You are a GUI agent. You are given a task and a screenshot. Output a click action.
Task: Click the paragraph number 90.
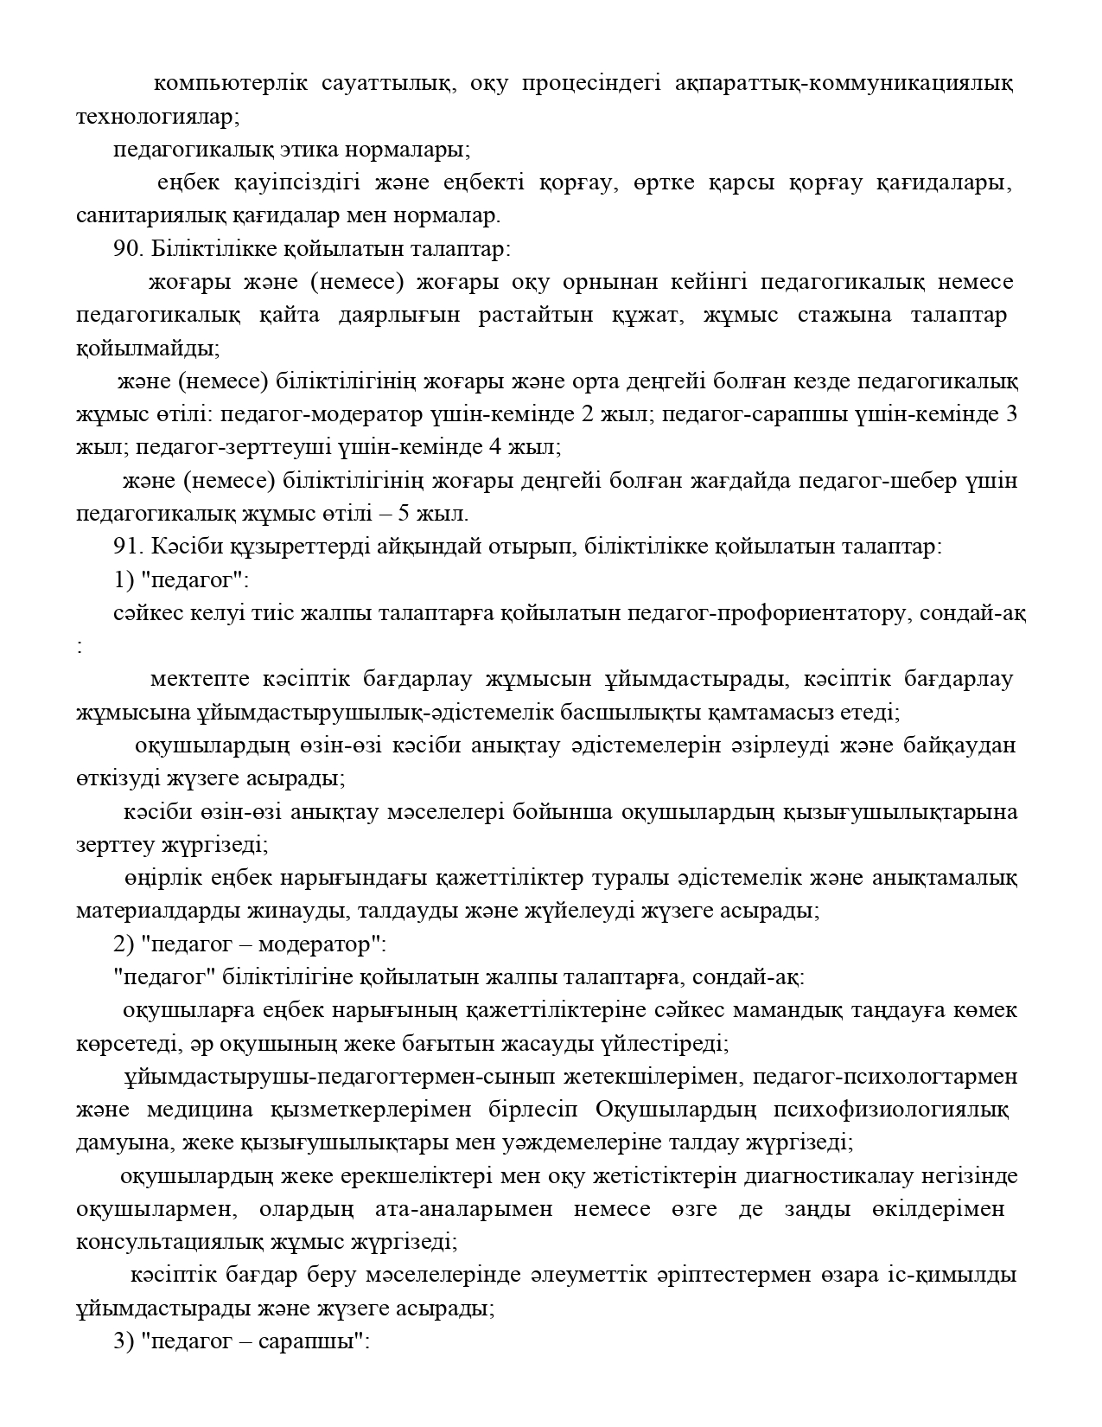point(128,248)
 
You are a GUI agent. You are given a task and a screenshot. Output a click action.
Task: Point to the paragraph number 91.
point(128,547)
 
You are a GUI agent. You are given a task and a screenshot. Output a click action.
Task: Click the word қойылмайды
point(146,349)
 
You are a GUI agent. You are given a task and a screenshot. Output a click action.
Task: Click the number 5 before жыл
point(404,514)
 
